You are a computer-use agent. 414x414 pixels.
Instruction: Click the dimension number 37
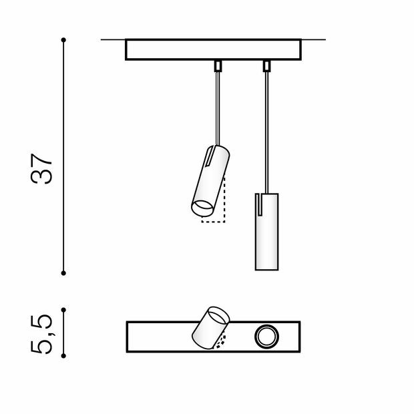42,170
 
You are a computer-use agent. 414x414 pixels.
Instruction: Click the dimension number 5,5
42,334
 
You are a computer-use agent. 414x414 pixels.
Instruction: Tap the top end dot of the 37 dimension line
63,41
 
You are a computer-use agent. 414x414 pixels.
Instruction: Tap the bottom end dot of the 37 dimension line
63,272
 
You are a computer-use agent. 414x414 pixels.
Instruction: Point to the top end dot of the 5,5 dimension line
63,309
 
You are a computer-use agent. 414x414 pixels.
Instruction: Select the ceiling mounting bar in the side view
213,50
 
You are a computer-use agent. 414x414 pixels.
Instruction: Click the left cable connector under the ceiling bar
217,65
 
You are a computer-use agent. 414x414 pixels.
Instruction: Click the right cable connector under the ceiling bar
266,65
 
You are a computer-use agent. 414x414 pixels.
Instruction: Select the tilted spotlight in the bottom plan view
210,327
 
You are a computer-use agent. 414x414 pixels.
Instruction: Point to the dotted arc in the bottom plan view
222,343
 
